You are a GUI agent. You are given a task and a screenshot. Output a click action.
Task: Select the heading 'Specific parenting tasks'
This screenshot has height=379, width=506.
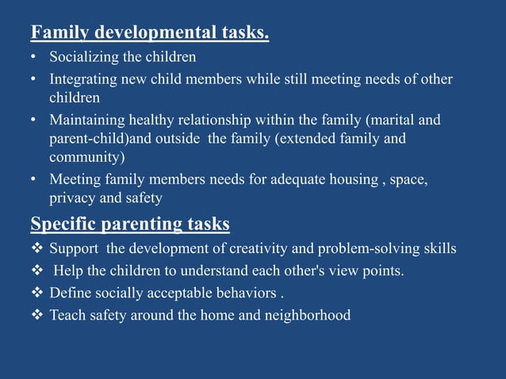click(x=130, y=224)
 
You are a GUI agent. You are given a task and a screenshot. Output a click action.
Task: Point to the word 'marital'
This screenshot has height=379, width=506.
click(x=393, y=121)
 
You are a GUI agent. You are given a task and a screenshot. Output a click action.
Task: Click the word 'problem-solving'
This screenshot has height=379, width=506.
click(x=368, y=249)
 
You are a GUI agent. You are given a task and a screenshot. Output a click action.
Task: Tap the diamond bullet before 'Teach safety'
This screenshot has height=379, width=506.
click(x=37, y=316)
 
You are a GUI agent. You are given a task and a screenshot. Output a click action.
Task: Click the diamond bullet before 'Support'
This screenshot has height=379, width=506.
click(x=37, y=249)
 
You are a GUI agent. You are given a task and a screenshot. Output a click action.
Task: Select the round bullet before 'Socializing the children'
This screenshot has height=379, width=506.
click(x=33, y=58)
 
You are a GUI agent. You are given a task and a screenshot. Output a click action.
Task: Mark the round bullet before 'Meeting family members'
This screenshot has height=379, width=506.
click(x=33, y=179)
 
